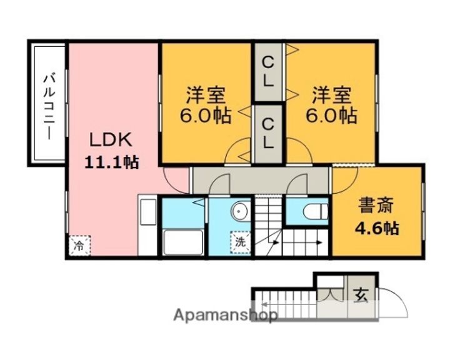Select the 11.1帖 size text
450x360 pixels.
(112, 162)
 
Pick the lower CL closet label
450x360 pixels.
(267, 134)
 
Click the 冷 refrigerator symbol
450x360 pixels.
(79, 245)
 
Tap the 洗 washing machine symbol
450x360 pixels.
(241, 242)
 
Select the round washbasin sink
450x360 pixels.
(240, 212)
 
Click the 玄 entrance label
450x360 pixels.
(362, 294)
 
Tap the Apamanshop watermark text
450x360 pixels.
(226, 316)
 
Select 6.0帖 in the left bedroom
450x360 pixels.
(206, 116)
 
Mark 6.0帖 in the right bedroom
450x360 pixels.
(332, 116)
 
